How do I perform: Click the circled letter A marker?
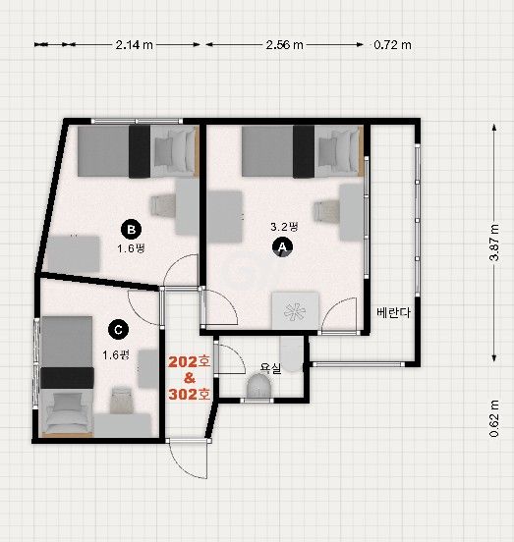[283, 246]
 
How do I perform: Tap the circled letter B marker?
[131, 229]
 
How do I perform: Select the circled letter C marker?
[118, 329]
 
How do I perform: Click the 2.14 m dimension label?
[135, 45]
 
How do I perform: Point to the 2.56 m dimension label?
[284, 45]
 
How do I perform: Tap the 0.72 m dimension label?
[392, 45]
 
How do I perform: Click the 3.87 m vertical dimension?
[494, 243]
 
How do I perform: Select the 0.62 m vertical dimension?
[494, 418]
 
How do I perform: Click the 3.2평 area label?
[284, 227]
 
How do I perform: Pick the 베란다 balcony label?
[393, 312]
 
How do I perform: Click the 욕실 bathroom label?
[271, 368]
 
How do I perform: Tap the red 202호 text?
[190, 362]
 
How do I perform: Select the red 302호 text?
[190, 394]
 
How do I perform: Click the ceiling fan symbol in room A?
[295, 311]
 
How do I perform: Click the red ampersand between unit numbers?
[190, 378]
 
